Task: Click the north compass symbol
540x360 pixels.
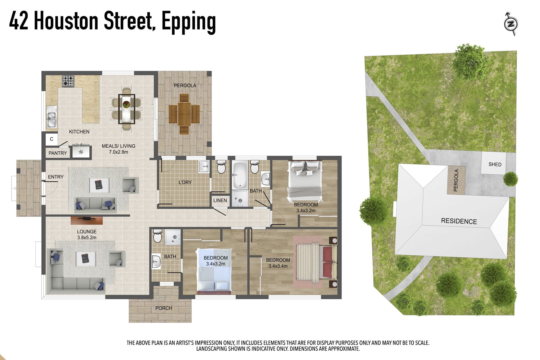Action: pos(511,24)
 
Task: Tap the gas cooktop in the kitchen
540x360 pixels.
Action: pos(68,81)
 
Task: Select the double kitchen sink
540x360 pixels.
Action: pos(51,117)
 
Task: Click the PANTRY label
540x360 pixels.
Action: pos(58,153)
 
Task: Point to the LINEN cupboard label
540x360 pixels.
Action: pos(220,200)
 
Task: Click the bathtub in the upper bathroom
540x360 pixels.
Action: pos(240,174)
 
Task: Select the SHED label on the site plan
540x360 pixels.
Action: pos(495,164)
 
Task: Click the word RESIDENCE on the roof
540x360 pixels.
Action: pos(459,221)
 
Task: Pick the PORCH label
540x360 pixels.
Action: pos(163,308)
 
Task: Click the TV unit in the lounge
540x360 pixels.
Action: pos(86,220)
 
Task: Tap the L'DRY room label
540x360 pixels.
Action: pos(185,182)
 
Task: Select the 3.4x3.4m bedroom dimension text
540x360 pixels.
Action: pos(278,266)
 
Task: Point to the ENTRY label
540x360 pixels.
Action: pos(56,177)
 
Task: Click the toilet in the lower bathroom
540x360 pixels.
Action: pos(157,237)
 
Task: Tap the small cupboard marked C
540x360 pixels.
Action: pos(51,139)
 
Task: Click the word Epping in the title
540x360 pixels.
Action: pos(189,22)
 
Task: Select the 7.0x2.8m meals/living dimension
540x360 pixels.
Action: pos(118,152)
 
